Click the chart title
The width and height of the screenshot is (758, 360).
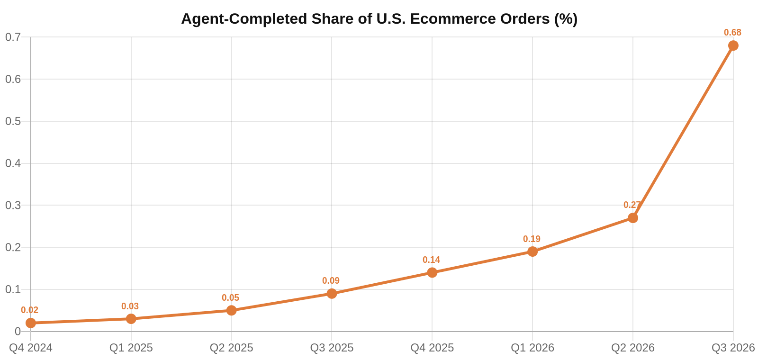[379, 19]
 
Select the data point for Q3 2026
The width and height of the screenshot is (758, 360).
[733, 45]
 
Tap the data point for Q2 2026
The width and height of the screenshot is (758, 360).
[633, 218]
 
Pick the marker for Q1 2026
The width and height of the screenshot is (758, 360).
[532, 252]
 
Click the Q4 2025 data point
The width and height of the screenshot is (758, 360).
[432, 272]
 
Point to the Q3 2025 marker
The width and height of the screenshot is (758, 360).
[332, 293]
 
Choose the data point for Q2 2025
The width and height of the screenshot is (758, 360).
[232, 310]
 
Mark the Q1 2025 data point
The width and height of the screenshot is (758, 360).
[131, 319]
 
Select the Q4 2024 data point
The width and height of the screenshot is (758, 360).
[31, 323]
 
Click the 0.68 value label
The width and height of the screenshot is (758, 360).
[732, 33]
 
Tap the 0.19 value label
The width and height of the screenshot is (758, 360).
[532, 239]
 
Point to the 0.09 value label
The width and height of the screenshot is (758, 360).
[331, 280]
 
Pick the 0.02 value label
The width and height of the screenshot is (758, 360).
[30, 310]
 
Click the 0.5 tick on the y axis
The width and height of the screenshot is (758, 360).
[13, 121]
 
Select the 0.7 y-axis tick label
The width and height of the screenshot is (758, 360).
[13, 37]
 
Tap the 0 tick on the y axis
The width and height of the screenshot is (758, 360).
[18, 332]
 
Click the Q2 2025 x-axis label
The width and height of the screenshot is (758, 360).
[232, 348]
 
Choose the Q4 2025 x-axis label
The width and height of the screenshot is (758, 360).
[432, 348]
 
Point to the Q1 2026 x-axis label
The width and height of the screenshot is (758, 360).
[532, 348]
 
